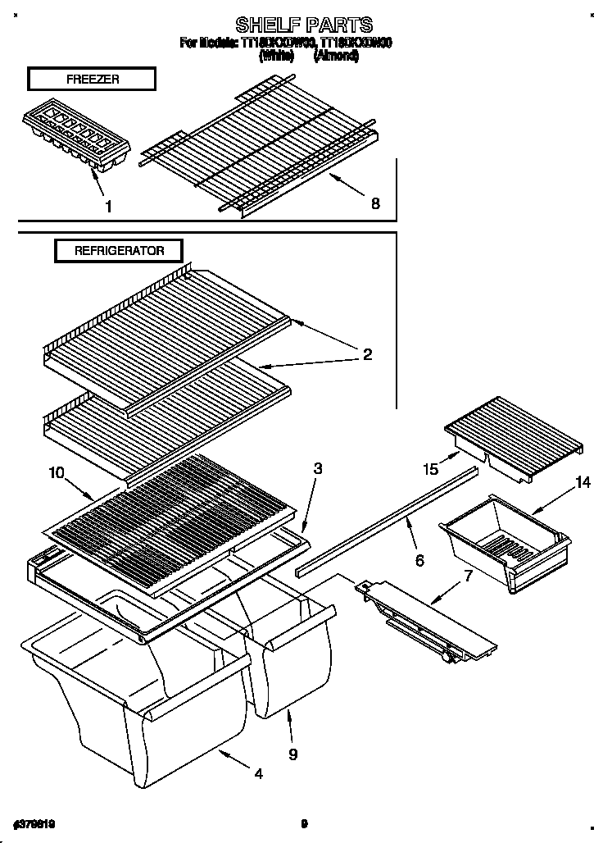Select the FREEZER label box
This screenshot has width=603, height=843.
click(90, 79)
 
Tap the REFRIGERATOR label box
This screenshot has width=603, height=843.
click(119, 251)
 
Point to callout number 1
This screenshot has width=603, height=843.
click(108, 207)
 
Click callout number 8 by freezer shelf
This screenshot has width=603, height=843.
click(375, 204)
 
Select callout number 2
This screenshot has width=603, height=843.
click(367, 354)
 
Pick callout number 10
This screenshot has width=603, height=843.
click(56, 472)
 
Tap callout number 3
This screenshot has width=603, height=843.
click(317, 469)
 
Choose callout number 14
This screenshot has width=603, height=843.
click(583, 483)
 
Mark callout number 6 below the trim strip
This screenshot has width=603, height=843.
click(419, 561)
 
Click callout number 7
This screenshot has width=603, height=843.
click(468, 575)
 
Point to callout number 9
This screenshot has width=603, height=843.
click(292, 754)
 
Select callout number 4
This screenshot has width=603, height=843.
click(259, 773)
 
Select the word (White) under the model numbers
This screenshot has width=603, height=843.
click(276, 56)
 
